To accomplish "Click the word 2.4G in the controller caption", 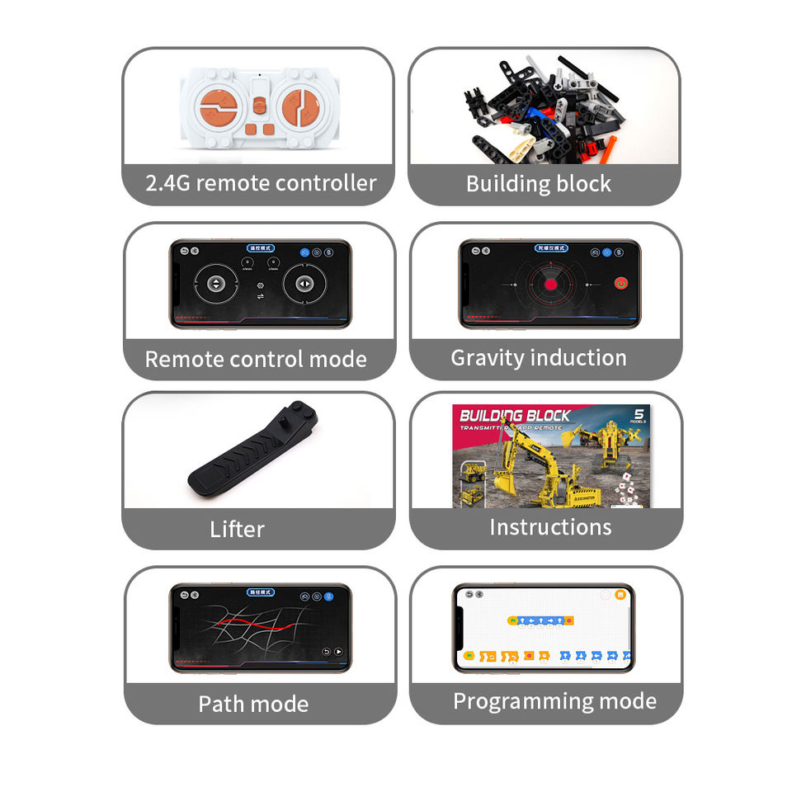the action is coord(168,183).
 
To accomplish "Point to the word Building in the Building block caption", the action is coord(507,183).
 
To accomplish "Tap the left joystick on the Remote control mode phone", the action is coord(215,284).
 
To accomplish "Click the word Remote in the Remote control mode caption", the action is coord(183,360).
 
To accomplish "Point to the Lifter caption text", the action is coord(237,529).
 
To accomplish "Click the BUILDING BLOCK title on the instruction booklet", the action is coord(514,415).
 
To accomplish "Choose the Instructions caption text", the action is coord(550,527).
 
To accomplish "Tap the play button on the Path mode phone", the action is coord(338,652).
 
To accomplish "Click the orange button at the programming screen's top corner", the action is coord(620,594).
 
